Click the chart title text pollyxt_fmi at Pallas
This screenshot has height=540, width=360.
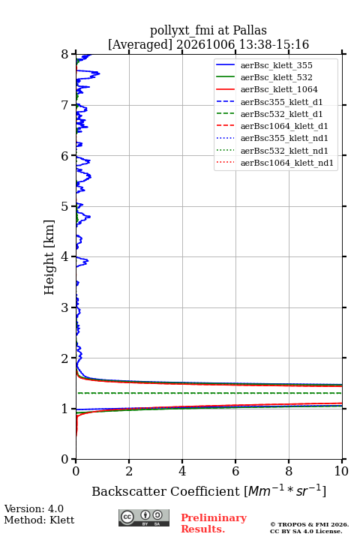coord(208,30)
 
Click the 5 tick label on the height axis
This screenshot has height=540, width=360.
coord(65,206)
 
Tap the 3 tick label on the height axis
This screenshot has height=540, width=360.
coord(65,307)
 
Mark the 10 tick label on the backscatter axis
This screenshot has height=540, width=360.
coord(341,471)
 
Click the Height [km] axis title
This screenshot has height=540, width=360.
coord(49,257)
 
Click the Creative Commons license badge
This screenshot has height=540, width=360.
coord(144,518)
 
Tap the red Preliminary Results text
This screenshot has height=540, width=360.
coord(214,523)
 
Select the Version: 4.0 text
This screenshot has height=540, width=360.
coord(34,508)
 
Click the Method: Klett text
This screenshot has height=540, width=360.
coord(39,520)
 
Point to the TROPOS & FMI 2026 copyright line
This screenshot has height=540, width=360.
coord(309,524)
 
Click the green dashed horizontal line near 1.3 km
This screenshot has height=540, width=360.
coord(209,393)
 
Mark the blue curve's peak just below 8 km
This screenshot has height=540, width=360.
coord(99,73)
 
